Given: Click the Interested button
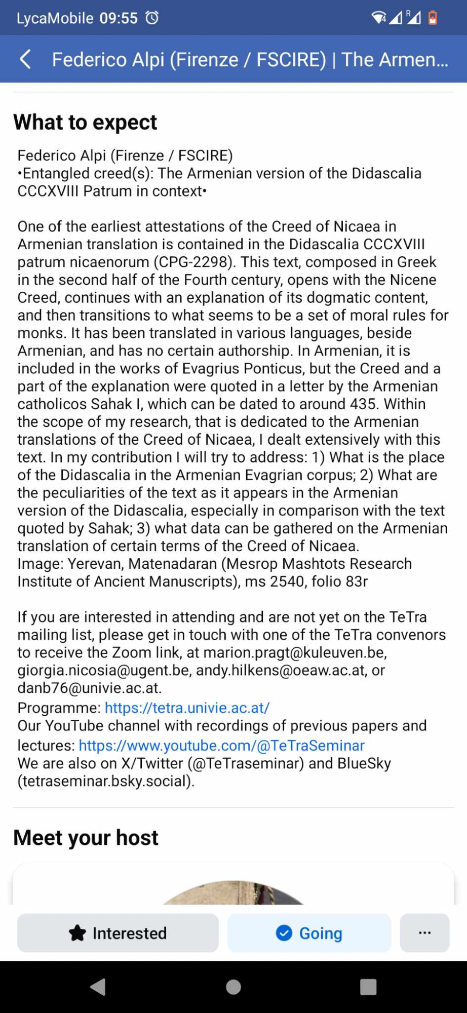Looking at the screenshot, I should point(118,933).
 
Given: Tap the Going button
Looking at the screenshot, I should point(309,933).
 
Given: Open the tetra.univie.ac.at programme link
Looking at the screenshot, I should point(187,708).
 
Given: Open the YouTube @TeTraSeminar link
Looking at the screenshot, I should point(221,746).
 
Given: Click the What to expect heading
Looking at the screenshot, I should point(85,122).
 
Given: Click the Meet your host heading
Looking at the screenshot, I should point(86,838).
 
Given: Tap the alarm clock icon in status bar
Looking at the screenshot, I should point(152,18).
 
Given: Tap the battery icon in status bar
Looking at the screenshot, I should point(433,18).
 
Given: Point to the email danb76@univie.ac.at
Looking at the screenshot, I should point(89,688).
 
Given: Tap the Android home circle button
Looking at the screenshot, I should point(233,987).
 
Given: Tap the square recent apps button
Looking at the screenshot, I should point(368,987).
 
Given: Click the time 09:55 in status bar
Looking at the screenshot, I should point(119,18).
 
